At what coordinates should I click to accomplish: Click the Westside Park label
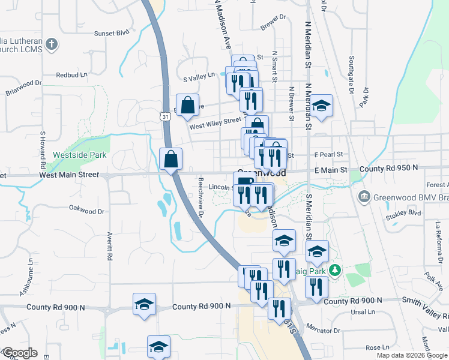80,155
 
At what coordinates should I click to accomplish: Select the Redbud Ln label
71,75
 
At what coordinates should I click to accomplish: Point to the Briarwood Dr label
23,88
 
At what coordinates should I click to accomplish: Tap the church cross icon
52,44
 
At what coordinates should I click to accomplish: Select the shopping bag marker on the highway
171,159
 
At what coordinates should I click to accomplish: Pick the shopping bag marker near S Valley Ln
188,105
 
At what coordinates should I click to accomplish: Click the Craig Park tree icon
336,271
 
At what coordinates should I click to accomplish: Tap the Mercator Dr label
323,330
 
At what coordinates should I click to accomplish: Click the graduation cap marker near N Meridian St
322,106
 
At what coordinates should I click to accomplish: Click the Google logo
19,353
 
